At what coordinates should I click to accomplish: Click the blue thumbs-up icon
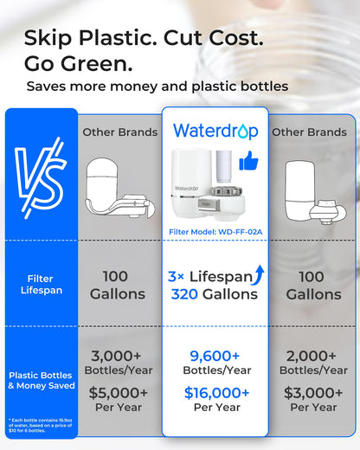pos(248,160)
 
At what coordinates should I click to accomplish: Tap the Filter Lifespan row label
pos(39,284)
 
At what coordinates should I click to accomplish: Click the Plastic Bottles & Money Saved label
pos(39,381)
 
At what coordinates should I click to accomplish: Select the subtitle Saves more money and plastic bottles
pos(157,87)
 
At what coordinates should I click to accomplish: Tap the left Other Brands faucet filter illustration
pos(117,190)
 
